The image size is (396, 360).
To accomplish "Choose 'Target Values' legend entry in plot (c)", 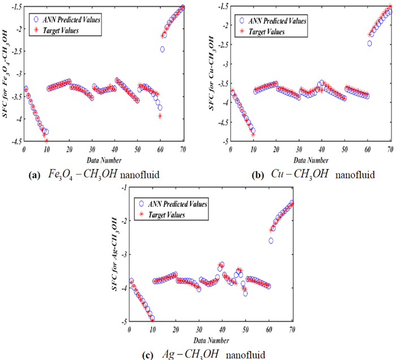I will click(x=169, y=215).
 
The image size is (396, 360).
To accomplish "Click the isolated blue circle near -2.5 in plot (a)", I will click(x=162, y=49).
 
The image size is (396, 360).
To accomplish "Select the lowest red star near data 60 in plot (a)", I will click(x=160, y=116).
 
